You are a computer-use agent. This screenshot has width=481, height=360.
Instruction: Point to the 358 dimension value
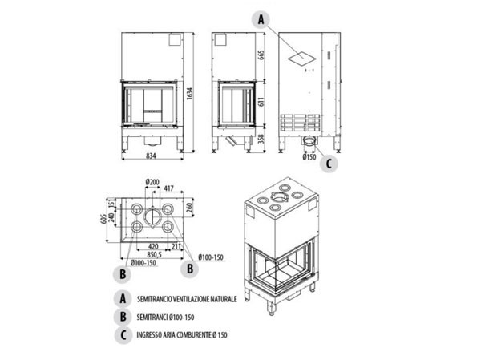point(261,139)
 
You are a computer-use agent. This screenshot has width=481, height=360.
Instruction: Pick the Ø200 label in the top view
point(153,180)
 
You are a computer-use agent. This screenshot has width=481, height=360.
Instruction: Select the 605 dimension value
point(103,217)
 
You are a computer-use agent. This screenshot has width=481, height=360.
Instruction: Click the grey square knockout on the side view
point(298,56)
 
